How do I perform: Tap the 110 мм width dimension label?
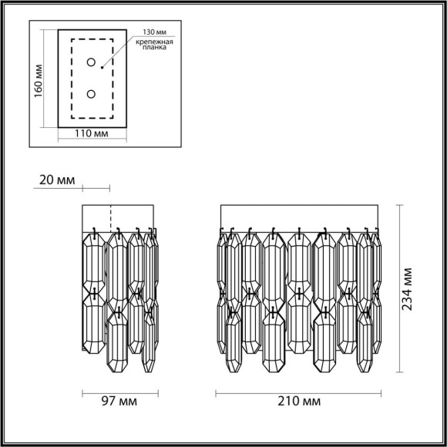tap(91, 133)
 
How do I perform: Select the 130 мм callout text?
tap(153, 34)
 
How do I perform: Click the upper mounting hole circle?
tap(91, 62)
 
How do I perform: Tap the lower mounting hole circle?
tap(91, 94)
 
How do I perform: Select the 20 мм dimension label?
tap(55, 180)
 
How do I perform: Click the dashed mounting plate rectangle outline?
tap(72, 77)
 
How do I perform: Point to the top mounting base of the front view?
tap(299, 217)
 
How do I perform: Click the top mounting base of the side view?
tap(119, 217)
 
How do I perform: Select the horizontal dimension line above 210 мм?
tap(299, 390)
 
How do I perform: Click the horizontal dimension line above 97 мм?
tap(119, 390)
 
